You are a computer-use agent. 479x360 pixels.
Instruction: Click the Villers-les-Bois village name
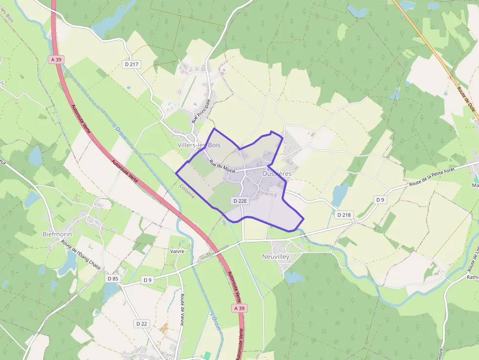(x=199, y=145)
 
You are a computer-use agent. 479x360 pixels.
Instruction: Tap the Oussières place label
(x=277, y=173)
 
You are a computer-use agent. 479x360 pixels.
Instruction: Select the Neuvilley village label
(x=276, y=256)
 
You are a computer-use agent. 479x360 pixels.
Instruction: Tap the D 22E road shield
(x=240, y=201)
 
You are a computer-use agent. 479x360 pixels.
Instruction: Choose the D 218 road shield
(x=344, y=215)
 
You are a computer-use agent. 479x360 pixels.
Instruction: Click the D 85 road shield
(x=112, y=278)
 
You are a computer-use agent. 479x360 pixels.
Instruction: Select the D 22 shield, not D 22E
(x=141, y=323)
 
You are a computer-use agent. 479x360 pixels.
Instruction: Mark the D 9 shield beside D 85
(x=148, y=280)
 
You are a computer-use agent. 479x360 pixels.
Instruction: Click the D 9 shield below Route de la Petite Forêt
(x=380, y=199)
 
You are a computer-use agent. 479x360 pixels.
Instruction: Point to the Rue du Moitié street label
(x=222, y=167)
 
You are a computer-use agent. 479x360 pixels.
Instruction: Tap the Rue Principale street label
(x=200, y=110)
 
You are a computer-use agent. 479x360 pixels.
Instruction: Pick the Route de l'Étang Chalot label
(x=76, y=257)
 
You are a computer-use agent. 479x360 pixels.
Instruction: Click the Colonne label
(x=187, y=191)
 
